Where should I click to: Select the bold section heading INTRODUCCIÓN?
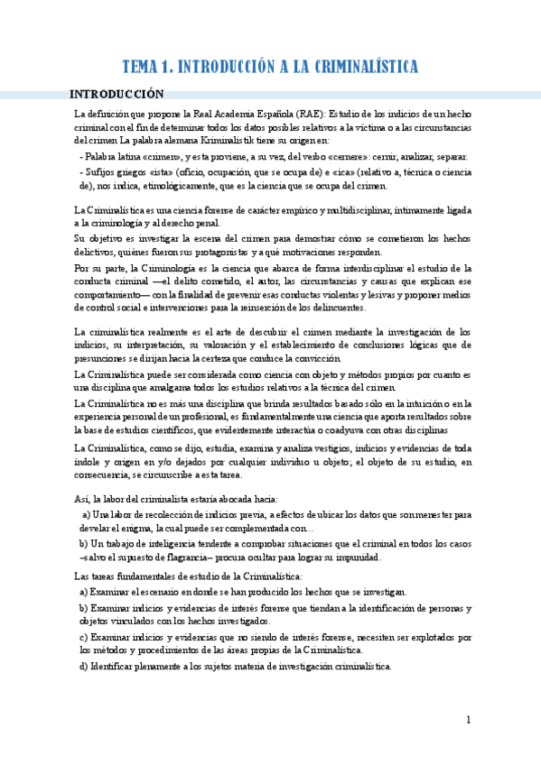pyautogui.click(x=117, y=94)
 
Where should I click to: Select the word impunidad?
pyautogui.click(x=357, y=557)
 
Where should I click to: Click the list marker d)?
pyautogui.click(x=83, y=667)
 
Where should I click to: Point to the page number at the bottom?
pyautogui.click(x=469, y=720)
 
